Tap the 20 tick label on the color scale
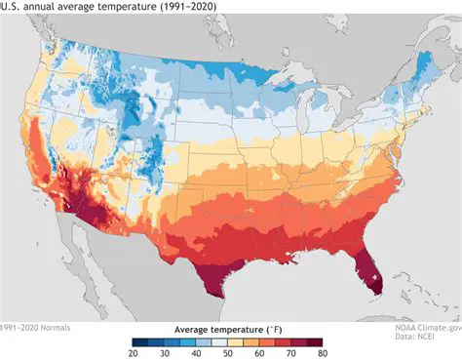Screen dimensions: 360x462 (x=134, y=353)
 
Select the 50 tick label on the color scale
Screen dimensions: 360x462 (x=227, y=353)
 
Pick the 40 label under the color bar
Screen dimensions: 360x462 (x=196, y=353)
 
